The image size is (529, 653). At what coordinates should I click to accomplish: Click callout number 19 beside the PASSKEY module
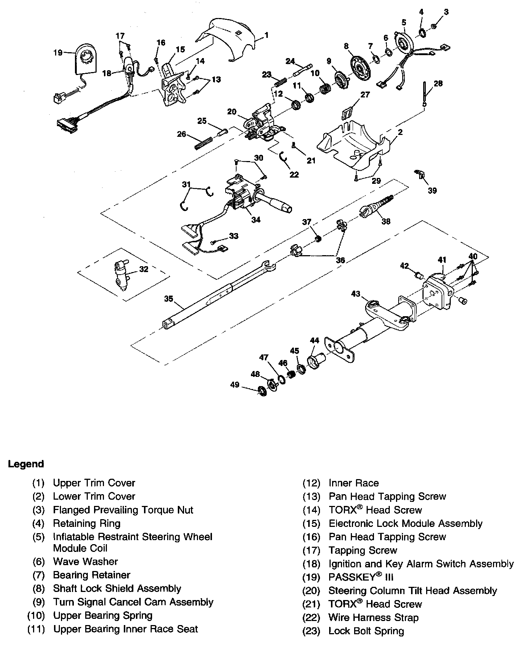click(x=58, y=53)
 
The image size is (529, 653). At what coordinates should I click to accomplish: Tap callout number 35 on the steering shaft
click(x=169, y=299)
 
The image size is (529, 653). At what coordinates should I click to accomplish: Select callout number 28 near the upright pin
click(x=438, y=83)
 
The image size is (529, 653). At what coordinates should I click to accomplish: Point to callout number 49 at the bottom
click(x=235, y=385)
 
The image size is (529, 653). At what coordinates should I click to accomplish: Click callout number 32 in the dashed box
click(x=144, y=269)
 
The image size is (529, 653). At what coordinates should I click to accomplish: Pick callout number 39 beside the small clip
click(x=432, y=190)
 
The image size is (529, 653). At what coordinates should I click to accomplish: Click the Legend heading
click(x=26, y=464)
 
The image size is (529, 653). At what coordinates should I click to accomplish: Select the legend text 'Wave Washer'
click(x=85, y=561)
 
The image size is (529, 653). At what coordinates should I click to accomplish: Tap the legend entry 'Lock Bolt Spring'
click(x=366, y=631)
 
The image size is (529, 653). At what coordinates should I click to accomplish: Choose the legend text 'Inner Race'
click(x=353, y=483)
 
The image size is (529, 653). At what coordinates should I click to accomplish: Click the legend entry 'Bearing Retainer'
click(x=91, y=575)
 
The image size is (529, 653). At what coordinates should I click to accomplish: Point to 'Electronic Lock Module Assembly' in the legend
click(x=405, y=523)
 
